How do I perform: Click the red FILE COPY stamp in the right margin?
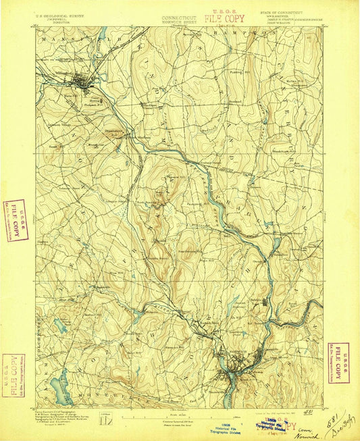(340, 354)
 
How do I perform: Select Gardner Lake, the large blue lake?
(59, 388)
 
